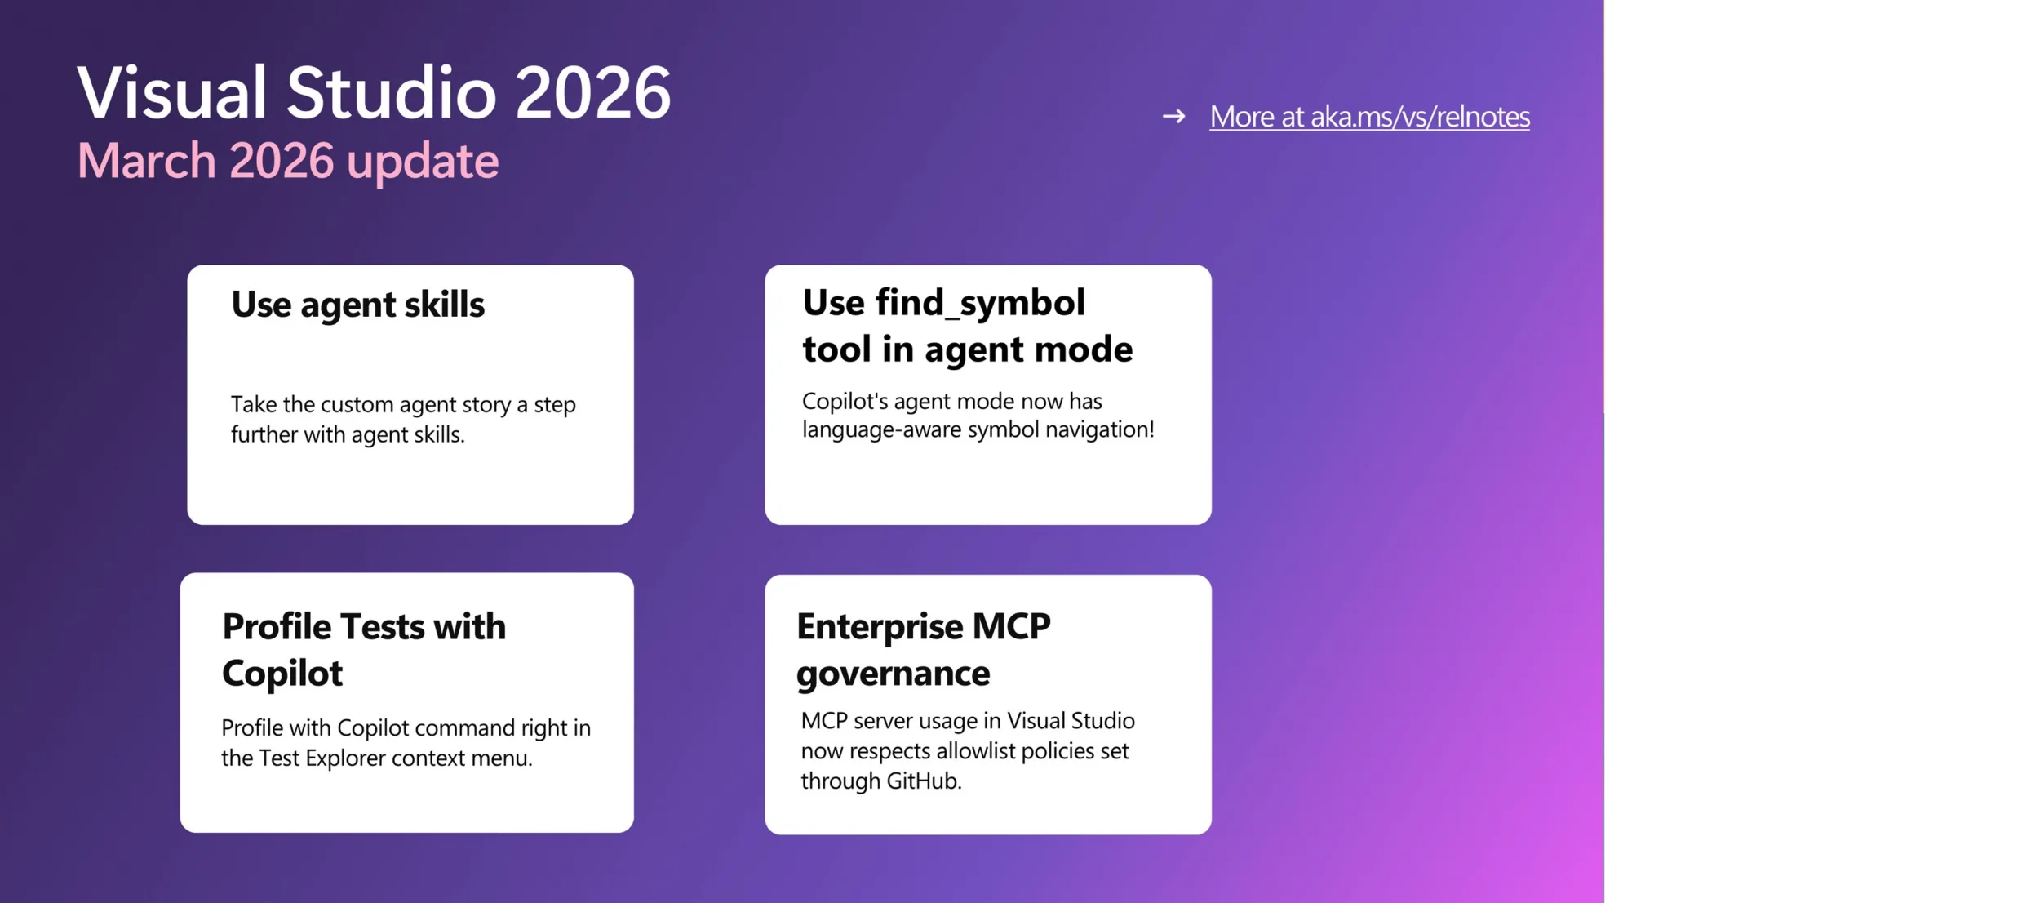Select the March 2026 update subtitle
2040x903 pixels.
pyautogui.click(x=288, y=162)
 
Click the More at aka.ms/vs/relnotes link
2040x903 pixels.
pyautogui.click(x=1369, y=117)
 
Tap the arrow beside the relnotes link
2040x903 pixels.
pyautogui.click(x=1173, y=117)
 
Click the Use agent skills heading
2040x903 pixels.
pyautogui.click(x=357, y=305)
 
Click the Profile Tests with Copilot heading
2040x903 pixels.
pyautogui.click(x=364, y=650)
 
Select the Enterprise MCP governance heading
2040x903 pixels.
pyautogui.click(x=924, y=650)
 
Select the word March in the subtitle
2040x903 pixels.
pyautogui.click(x=147, y=161)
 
